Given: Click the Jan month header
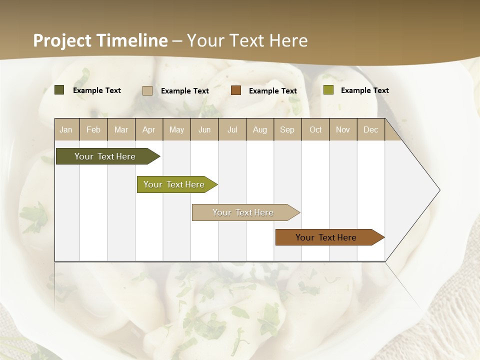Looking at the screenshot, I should point(66,129).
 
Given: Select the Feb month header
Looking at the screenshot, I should point(93,129).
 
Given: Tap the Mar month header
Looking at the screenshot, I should point(121,129).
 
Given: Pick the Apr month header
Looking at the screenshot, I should point(148,129).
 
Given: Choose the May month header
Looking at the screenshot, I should point(176,129).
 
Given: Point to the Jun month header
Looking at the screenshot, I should point(204,129).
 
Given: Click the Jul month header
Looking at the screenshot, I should point(232,129).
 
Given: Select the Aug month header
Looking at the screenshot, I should point(259,129).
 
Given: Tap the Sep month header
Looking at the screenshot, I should point(287,129).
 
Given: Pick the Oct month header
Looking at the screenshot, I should point(315,129).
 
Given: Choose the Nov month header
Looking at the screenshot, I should point(342,129).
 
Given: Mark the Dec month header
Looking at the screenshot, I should point(370,129).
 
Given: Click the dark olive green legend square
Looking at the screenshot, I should point(59,90).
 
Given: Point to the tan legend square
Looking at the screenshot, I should point(147,90).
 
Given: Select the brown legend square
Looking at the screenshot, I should point(236,90).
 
